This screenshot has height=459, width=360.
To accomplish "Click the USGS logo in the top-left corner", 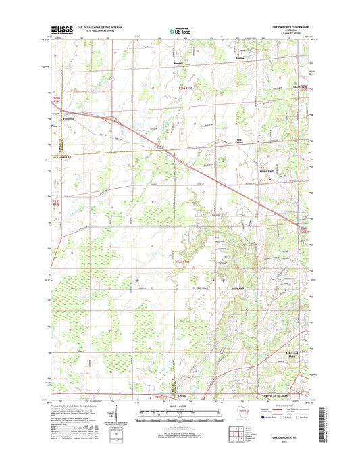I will tap(61, 30).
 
